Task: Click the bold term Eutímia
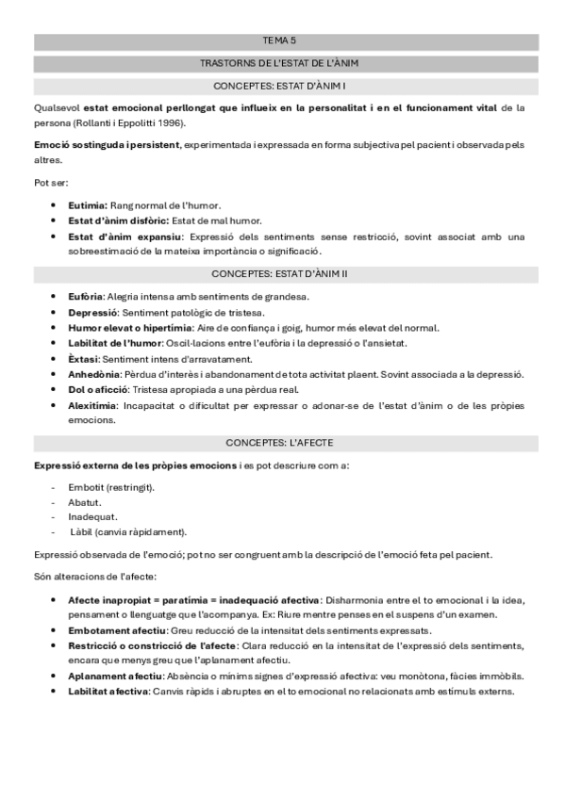(x=88, y=204)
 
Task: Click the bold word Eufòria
(x=86, y=297)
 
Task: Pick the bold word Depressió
(x=92, y=312)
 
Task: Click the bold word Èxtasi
(x=84, y=359)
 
